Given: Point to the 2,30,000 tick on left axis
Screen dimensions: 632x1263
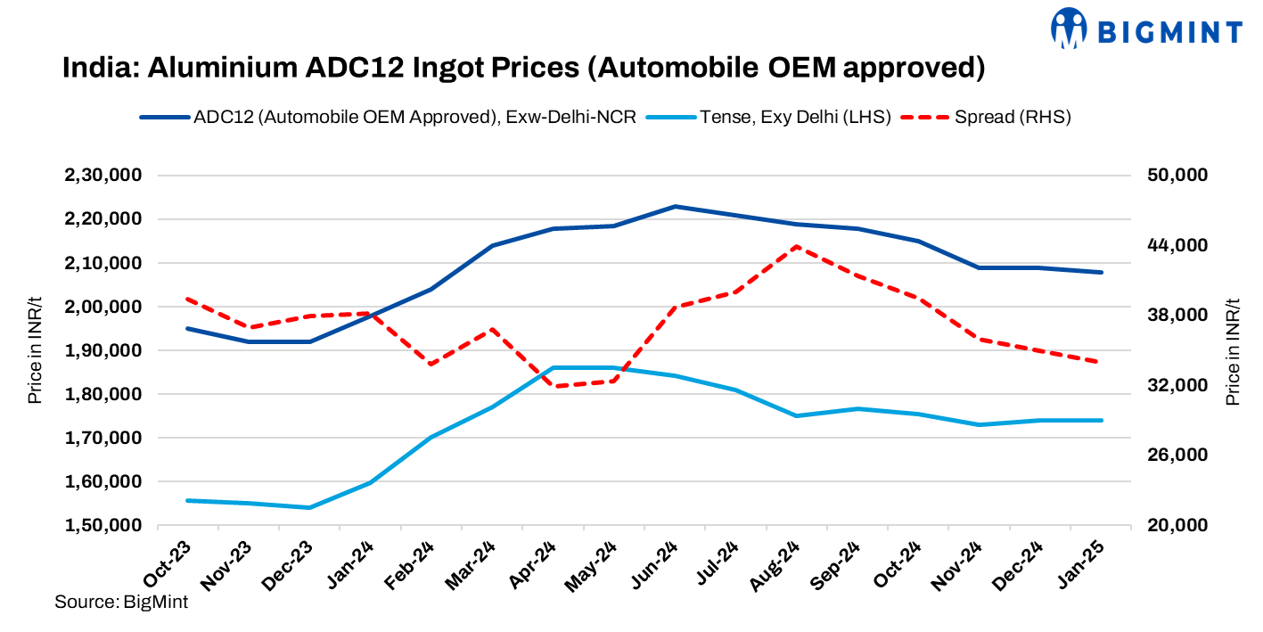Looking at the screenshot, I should pos(103,176).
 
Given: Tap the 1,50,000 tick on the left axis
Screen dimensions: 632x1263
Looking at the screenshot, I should pos(103,526).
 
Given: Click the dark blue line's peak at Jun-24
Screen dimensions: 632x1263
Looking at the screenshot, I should pos(675,206).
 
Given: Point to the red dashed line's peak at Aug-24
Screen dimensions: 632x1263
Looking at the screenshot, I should pos(796,246).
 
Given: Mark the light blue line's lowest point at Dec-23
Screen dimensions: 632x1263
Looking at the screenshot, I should pos(309,508).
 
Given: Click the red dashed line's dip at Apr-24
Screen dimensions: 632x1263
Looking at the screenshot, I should pos(554,386).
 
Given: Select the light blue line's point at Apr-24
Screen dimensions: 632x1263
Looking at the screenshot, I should pos(554,367).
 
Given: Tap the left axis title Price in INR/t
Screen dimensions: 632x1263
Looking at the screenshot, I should pos(35,350).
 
